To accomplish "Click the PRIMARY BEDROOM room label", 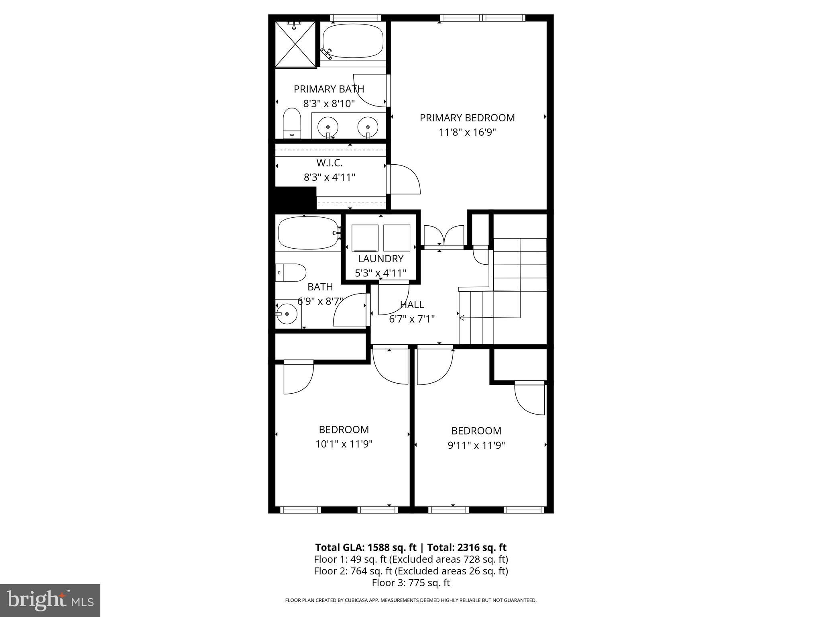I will (x=467, y=118).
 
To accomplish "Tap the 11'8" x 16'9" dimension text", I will (x=467, y=133).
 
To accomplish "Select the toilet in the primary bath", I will (x=292, y=123).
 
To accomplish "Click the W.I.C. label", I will (x=329, y=163).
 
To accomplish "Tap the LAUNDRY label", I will (x=380, y=259).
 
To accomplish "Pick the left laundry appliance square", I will (x=365, y=238).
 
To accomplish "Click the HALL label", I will (x=412, y=305).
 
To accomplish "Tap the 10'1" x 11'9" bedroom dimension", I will (x=344, y=444).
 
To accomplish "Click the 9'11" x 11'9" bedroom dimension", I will (x=476, y=445).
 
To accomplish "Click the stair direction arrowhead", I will (x=462, y=318).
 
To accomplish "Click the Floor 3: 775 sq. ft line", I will (x=411, y=583).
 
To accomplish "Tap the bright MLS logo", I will (x=50, y=600).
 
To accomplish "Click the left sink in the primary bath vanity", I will (x=328, y=127).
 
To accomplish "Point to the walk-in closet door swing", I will (x=405, y=179).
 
